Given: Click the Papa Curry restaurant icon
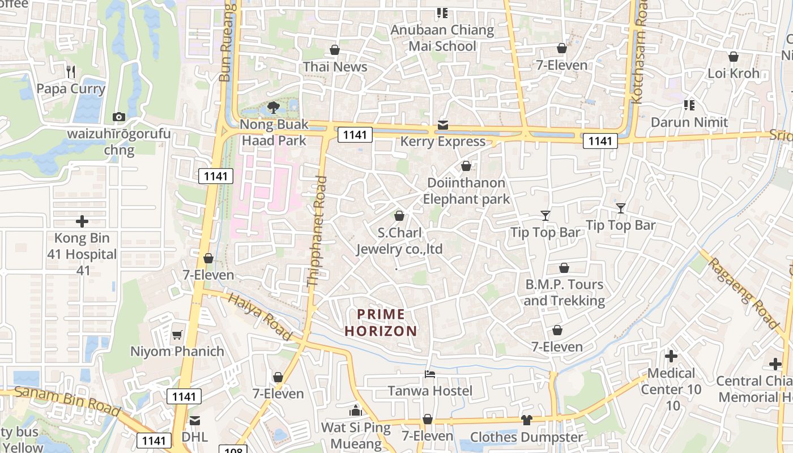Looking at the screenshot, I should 71,71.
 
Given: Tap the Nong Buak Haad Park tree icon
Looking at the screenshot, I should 274,107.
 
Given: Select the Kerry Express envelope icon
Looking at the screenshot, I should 442,125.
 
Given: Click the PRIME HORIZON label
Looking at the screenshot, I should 381,322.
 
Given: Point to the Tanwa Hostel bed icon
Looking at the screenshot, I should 430,374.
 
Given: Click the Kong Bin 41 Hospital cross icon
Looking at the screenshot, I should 82,221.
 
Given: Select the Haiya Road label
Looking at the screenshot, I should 261,317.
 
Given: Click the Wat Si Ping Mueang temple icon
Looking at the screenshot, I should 356,410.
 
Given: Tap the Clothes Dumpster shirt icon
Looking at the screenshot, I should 526,420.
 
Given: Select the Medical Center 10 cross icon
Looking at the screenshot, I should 671,356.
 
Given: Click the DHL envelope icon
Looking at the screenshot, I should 195,420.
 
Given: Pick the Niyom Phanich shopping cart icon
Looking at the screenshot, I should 177,335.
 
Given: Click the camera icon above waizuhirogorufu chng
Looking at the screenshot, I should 118,117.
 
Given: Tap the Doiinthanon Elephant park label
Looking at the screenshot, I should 466,191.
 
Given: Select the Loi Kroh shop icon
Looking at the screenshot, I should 734,57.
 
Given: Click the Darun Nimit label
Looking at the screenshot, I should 689,122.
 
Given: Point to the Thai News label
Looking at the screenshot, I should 335,67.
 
